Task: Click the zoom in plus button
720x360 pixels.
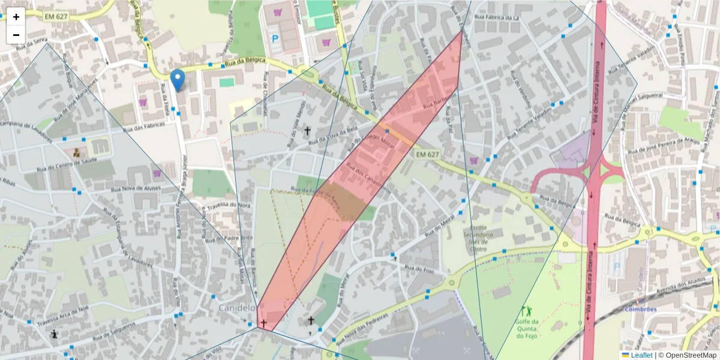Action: (16, 17)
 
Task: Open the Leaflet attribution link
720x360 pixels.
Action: (641, 355)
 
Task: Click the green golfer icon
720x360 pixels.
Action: (527, 311)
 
